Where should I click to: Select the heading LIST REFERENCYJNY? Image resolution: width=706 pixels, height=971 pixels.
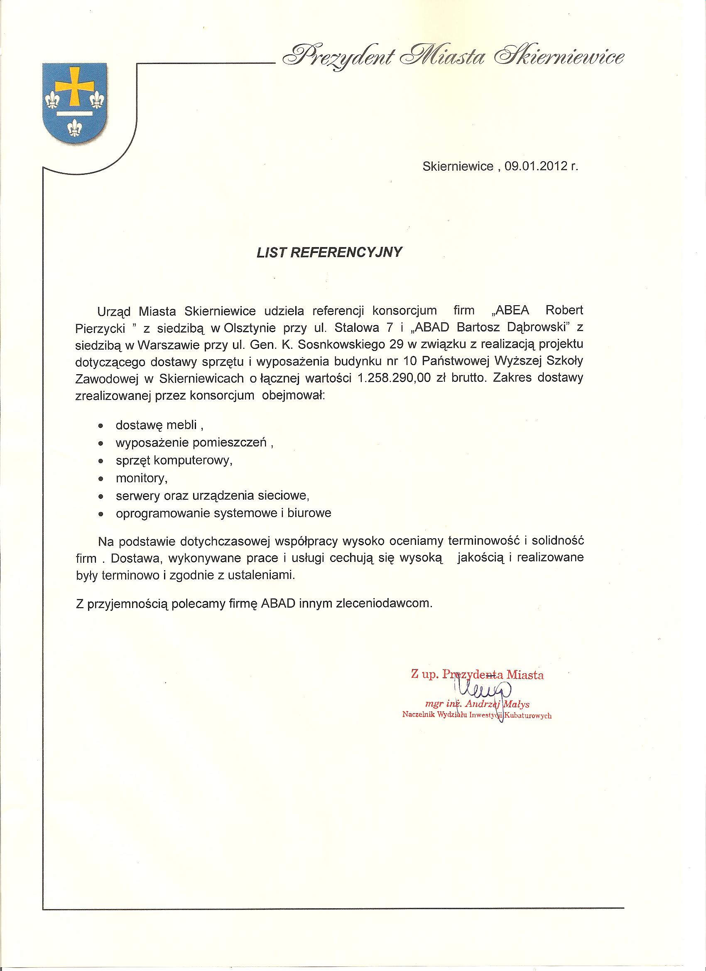pyautogui.click(x=330, y=253)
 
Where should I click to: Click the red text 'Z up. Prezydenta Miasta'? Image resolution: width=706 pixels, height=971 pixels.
pyautogui.click(x=477, y=675)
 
